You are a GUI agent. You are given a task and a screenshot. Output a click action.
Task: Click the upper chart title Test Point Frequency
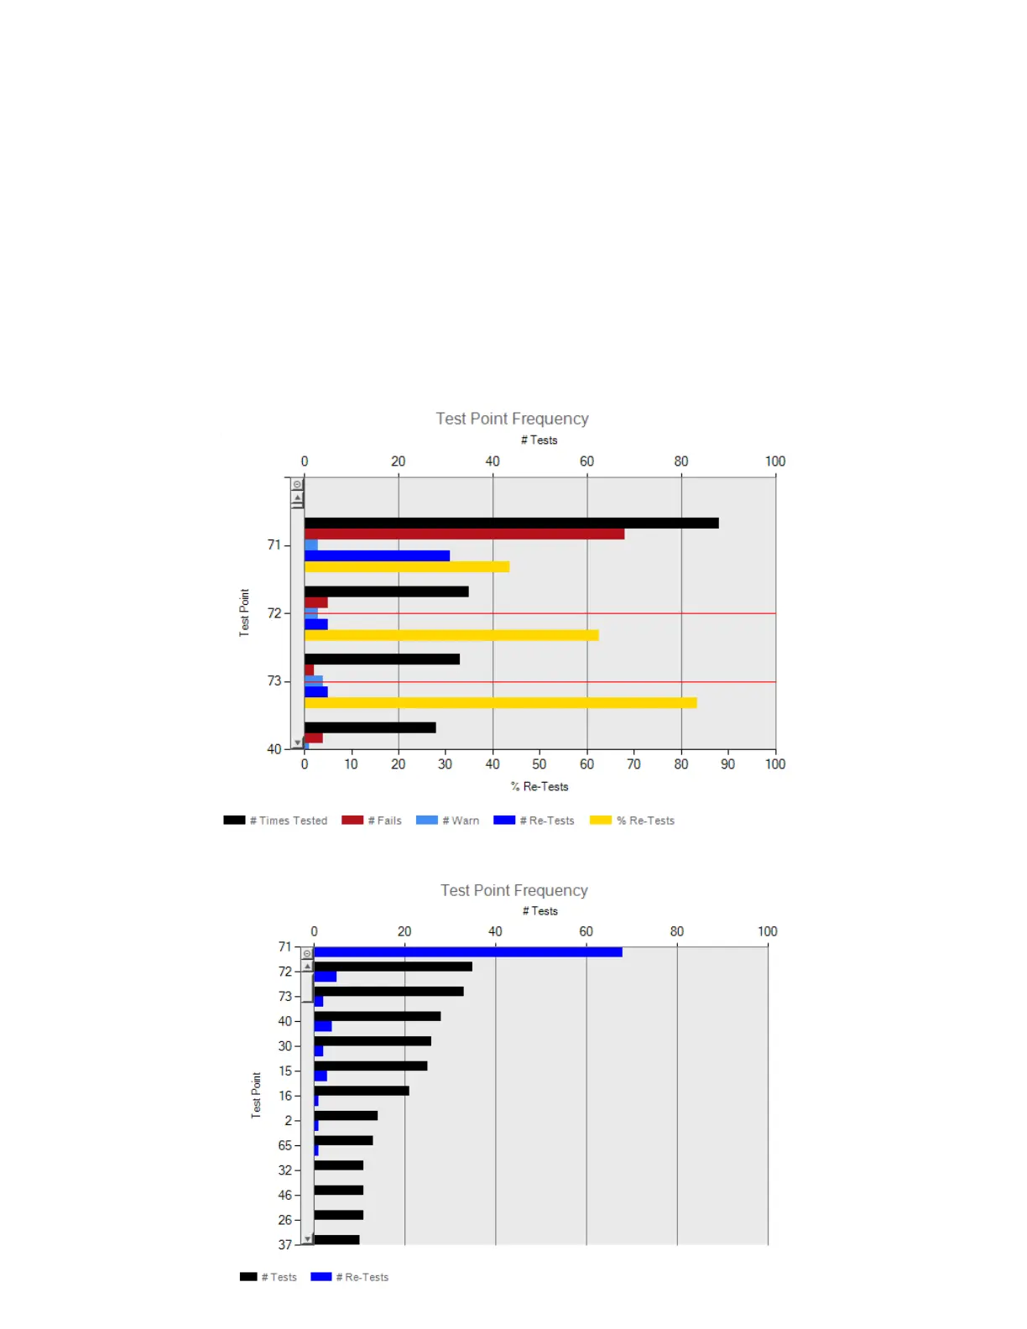tap(512, 419)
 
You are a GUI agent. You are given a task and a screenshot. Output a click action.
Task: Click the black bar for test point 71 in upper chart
tap(511, 523)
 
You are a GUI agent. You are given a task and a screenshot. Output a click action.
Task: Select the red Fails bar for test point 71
tap(464, 534)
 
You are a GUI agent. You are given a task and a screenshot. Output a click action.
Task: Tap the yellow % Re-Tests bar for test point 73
tap(500, 703)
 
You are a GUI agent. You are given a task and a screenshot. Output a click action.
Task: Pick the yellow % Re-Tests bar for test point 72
tap(451, 635)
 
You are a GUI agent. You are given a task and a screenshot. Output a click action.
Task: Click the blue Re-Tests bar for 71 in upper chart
tap(377, 555)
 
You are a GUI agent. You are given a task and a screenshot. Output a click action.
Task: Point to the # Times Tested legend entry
tap(276, 821)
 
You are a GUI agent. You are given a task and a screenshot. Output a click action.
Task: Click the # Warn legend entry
tap(448, 821)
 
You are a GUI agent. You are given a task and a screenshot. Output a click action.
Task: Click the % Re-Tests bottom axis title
tap(540, 787)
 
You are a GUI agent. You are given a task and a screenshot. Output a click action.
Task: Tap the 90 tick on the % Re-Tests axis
tap(727, 764)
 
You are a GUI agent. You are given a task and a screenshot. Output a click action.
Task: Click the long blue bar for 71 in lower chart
tap(468, 952)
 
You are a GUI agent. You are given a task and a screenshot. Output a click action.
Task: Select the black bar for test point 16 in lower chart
tap(362, 1091)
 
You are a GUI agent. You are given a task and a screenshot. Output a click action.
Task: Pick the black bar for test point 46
tap(338, 1190)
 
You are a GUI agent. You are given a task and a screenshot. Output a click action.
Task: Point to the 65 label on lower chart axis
tap(285, 1145)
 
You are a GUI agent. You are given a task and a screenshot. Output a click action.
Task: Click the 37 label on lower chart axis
tap(285, 1245)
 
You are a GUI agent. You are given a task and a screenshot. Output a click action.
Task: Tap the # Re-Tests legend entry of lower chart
tap(350, 1277)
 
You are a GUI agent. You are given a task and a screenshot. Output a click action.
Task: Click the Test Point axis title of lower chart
tap(256, 1095)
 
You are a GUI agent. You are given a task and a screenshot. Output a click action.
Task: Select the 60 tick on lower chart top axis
tap(586, 931)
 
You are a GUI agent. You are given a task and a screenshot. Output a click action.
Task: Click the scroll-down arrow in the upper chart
tap(297, 743)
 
